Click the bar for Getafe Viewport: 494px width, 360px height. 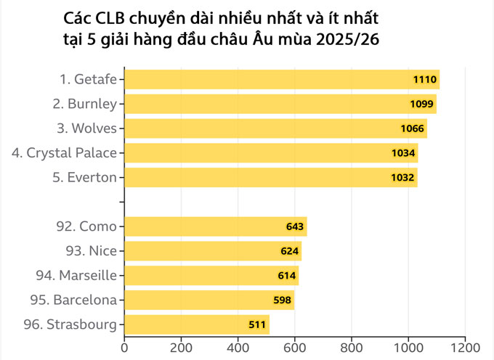click(282, 79)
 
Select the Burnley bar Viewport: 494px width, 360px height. click(280, 104)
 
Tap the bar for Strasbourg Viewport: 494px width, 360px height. click(196, 324)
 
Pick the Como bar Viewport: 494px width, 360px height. click(215, 226)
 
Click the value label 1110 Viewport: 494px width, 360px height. click(424, 79)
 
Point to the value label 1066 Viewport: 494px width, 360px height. click(412, 128)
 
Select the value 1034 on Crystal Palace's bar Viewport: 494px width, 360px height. click(403, 153)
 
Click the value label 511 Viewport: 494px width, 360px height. click(257, 324)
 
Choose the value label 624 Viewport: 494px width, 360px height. click(289, 251)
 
